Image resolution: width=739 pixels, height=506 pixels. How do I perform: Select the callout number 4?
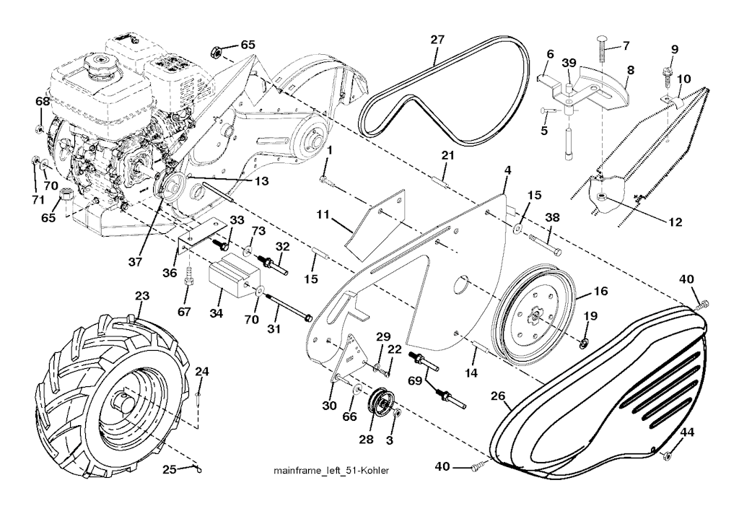click(x=507, y=170)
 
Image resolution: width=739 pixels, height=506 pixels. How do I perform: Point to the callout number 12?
click(x=674, y=222)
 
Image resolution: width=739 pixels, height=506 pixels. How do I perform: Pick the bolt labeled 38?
click(x=546, y=244)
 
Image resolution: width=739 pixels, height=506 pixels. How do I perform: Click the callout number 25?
click(x=169, y=470)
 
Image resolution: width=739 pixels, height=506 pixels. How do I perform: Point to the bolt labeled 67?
click(x=188, y=276)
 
